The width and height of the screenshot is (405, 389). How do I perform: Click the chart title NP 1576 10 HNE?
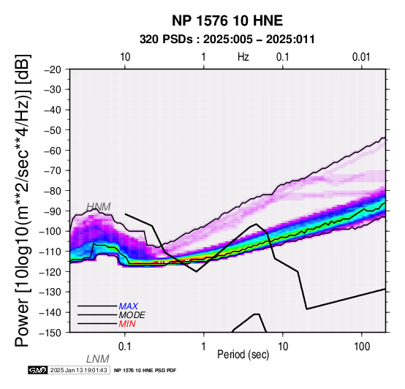(x=227, y=20)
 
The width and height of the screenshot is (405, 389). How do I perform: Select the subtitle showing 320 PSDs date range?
(x=227, y=39)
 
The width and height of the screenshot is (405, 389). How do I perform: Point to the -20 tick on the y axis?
(x=53, y=69)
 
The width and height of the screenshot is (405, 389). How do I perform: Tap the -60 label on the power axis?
(x=53, y=151)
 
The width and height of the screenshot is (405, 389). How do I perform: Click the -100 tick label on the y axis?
(x=50, y=231)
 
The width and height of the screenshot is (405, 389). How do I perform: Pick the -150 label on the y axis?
(x=50, y=333)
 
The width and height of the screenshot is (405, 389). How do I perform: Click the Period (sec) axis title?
(x=243, y=355)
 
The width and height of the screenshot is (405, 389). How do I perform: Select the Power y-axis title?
(x=23, y=200)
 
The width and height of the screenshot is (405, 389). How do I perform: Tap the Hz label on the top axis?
(x=243, y=57)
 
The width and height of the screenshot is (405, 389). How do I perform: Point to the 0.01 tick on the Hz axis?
(x=361, y=57)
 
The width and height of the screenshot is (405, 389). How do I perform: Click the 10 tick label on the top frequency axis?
(x=125, y=57)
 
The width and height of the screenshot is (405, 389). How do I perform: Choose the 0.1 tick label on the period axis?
(x=125, y=347)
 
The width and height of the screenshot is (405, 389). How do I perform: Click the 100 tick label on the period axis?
(x=362, y=347)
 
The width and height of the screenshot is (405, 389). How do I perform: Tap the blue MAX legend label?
(x=129, y=306)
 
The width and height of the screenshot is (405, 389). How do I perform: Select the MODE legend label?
(x=132, y=315)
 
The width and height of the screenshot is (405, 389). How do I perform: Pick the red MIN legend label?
(x=127, y=324)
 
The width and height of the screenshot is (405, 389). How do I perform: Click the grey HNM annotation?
(x=99, y=207)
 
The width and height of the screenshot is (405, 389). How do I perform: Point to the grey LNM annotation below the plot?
(x=98, y=359)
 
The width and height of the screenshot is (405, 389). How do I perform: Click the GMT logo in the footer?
(x=38, y=370)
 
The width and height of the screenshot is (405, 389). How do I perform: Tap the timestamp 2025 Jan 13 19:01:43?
(x=78, y=370)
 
